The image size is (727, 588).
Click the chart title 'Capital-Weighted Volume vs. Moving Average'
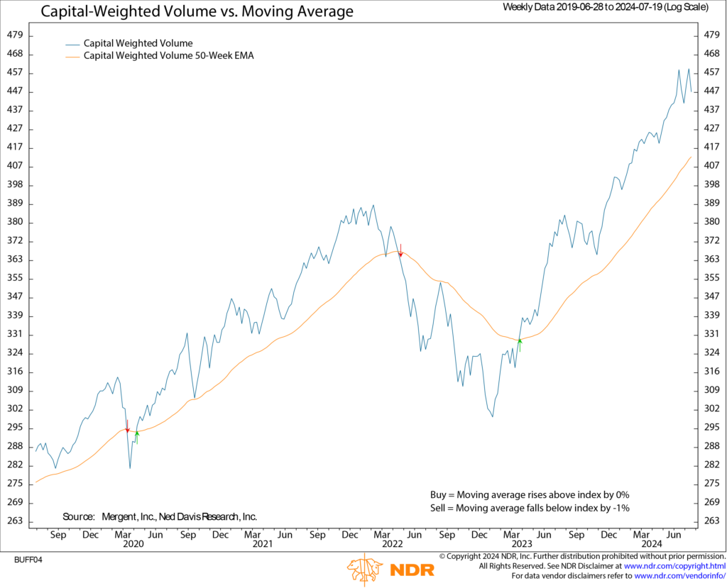[196, 12]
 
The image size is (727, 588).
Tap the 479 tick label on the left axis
[15, 35]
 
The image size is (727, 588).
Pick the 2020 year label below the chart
[133, 544]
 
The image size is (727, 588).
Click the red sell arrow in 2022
[401, 250]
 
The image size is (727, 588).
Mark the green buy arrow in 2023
[520, 345]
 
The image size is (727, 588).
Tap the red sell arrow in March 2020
[127, 427]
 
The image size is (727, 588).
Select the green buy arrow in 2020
[137, 436]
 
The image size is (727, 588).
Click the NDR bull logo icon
[365, 570]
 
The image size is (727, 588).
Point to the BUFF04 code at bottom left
[28, 560]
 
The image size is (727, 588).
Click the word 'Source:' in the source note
[79, 517]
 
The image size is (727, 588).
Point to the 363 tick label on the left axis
[15, 260]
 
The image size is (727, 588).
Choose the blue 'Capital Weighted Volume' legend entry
[138, 43]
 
